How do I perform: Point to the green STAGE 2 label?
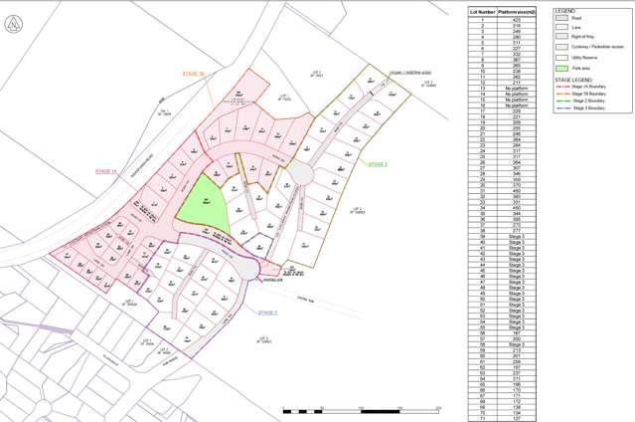pyautogui.click(x=378, y=162)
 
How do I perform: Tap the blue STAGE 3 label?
pyautogui.click(x=267, y=314)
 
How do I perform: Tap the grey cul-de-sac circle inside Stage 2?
pyautogui.click(x=302, y=174)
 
